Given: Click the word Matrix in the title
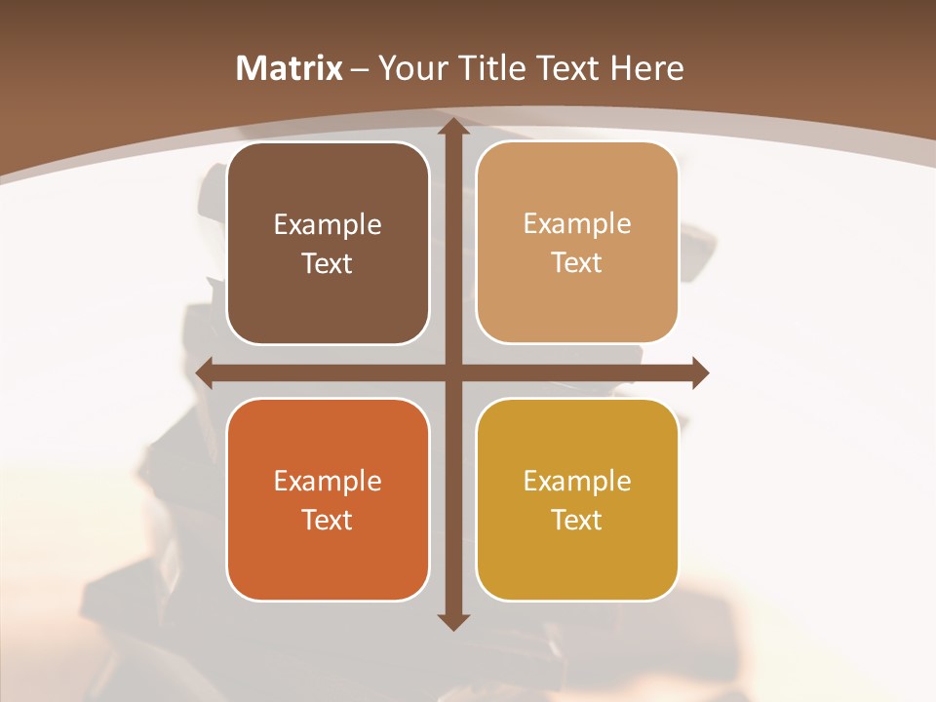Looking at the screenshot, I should pyautogui.click(x=290, y=68).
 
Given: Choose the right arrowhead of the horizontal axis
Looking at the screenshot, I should pyautogui.click(x=699, y=372).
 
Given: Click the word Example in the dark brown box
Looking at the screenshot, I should pyautogui.click(x=328, y=225).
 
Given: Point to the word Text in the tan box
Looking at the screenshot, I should pyautogui.click(x=577, y=263).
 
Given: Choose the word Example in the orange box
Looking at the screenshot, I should pyautogui.click(x=328, y=481).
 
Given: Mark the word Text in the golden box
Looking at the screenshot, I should pyautogui.click(x=577, y=520).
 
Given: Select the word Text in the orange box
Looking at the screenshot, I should pyautogui.click(x=328, y=520).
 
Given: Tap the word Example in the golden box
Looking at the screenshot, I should pyautogui.click(x=577, y=481).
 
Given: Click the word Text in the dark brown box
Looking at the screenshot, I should pyautogui.click(x=328, y=264).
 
